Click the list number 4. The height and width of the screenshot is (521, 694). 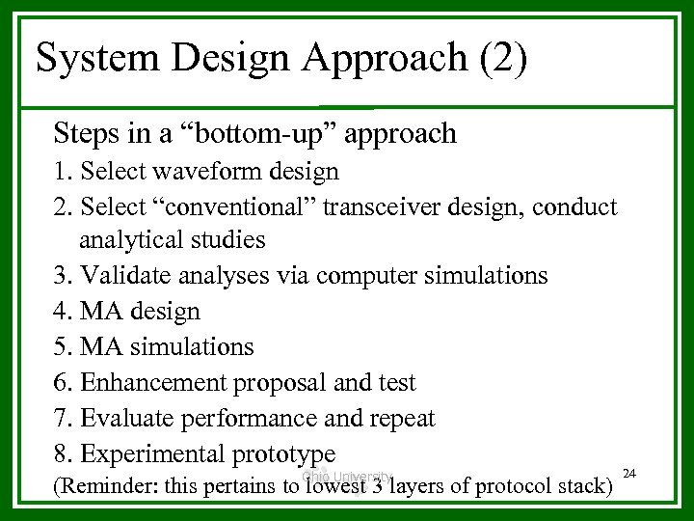[62, 312]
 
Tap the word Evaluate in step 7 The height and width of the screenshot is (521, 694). [120, 418]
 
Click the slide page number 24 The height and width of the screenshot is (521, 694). [630, 473]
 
